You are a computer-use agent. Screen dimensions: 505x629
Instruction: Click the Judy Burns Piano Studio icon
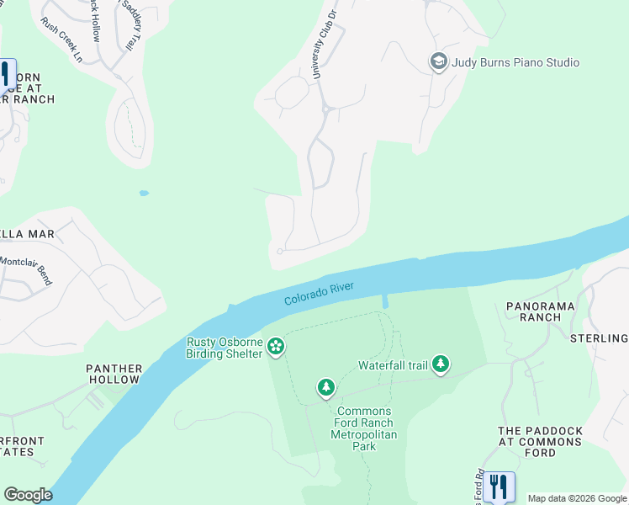(x=438, y=62)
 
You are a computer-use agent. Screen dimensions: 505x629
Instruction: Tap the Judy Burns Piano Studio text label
(x=515, y=62)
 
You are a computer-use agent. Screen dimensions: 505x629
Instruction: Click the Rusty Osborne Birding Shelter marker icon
(x=275, y=347)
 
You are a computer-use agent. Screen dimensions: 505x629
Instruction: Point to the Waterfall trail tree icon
(x=441, y=365)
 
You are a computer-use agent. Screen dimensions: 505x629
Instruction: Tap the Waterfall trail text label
(x=394, y=365)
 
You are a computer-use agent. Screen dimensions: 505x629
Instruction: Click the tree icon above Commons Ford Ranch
(x=325, y=388)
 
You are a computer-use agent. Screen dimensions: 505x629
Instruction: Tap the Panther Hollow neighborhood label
(x=114, y=375)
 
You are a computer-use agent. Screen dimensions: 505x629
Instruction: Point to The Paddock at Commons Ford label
(x=539, y=441)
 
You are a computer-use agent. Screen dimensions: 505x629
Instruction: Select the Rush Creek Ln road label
(x=62, y=41)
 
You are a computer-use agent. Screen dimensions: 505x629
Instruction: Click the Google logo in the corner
(x=28, y=494)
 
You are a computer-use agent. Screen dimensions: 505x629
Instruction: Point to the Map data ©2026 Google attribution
(x=577, y=498)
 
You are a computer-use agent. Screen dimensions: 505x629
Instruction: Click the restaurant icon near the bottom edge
(x=499, y=486)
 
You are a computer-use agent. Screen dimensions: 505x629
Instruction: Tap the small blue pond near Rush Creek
(x=144, y=193)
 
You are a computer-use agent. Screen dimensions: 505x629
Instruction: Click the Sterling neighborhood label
(x=599, y=338)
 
